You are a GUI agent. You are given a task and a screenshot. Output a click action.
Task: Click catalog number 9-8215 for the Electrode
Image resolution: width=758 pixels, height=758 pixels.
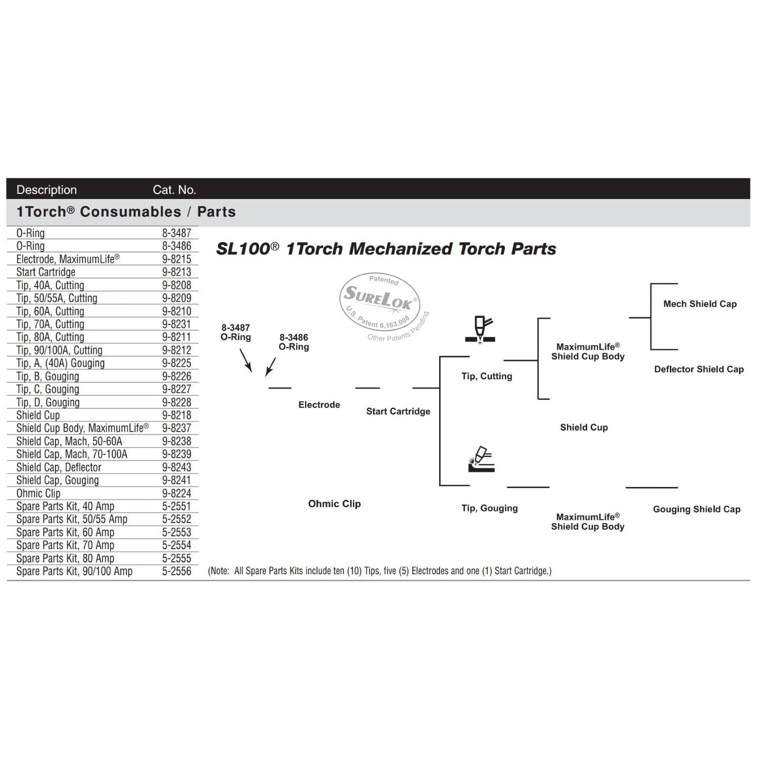[176, 259]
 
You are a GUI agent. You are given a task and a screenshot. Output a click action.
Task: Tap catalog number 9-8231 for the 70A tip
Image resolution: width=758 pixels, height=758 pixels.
[176, 324]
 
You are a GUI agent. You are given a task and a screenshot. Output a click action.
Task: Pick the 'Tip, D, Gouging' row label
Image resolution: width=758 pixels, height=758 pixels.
[48, 403]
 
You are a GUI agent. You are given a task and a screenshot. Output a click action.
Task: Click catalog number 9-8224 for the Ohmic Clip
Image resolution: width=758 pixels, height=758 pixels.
[176, 494]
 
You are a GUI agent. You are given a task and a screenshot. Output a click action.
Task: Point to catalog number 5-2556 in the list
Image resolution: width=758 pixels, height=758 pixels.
[176, 572]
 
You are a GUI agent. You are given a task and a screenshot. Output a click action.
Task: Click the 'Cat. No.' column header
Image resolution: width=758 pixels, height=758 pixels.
[174, 190]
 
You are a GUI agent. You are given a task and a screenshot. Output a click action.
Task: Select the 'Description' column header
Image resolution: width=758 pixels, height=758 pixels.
[46, 190]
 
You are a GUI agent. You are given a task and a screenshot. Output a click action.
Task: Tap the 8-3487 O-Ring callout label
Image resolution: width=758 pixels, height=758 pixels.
[235, 333]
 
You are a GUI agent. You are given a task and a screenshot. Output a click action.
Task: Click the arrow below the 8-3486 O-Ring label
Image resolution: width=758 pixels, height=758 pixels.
[271, 367]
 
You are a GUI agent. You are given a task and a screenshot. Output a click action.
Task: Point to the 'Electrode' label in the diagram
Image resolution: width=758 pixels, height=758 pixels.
[319, 405]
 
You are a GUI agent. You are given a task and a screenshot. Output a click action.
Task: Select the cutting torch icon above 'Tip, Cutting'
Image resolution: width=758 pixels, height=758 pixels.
[481, 329]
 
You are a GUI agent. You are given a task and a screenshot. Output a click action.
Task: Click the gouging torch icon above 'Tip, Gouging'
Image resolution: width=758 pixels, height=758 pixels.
[482, 459]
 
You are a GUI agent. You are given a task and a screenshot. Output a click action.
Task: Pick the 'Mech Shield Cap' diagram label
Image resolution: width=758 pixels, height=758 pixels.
[700, 304]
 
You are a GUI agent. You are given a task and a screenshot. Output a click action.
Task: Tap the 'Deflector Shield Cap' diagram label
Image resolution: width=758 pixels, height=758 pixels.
[699, 369]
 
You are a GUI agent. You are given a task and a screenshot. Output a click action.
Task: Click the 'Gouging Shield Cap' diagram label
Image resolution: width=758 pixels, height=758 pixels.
[696, 509]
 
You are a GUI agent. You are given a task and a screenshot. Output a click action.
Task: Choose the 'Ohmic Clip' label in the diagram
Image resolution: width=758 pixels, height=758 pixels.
[335, 504]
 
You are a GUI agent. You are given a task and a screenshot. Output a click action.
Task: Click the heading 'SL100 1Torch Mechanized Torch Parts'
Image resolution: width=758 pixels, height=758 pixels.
[386, 249]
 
